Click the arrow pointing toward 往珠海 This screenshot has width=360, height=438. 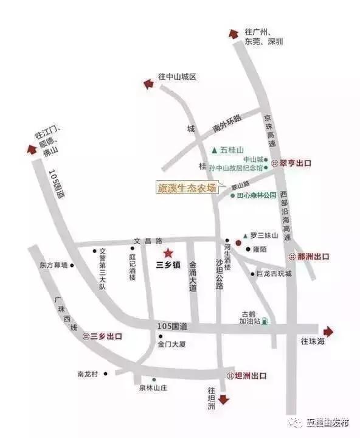click(x=329, y=331)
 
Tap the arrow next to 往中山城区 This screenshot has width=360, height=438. click(x=147, y=85)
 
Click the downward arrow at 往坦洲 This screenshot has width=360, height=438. click(x=223, y=400)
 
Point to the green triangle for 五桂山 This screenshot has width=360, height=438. click(x=213, y=150)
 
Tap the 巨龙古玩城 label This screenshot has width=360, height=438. click(x=274, y=274)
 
